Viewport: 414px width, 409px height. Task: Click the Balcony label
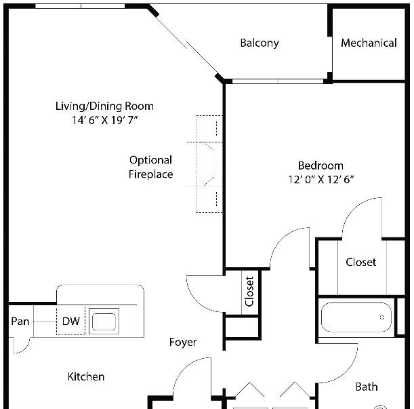(x=260, y=43)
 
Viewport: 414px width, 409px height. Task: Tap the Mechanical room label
(x=369, y=43)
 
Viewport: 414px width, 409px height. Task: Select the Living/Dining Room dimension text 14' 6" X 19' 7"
(x=105, y=120)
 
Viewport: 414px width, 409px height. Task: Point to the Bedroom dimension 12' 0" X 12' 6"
(x=320, y=180)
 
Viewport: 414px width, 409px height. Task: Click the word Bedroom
(x=320, y=165)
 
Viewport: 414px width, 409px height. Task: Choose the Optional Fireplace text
(x=151, y=167)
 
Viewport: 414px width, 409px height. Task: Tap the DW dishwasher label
(x=70, y=322)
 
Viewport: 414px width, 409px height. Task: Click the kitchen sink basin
(x=104, y=322)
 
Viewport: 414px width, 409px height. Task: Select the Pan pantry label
(x=20, y=322)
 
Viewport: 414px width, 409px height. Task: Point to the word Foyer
(x=183, y=342)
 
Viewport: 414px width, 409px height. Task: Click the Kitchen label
(x=86, y=376)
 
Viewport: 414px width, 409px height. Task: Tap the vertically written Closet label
(x=249, y=292)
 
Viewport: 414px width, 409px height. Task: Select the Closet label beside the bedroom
(x=361, y=262)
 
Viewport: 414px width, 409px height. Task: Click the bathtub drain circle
(x=382, y=317)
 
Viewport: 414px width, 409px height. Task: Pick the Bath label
(x=367, y=387)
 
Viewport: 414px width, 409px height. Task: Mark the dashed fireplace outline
(x=196, y=164)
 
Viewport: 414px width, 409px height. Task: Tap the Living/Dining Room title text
(x=104, y=106)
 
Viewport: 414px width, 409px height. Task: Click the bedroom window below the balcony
(x=278, y=81)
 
